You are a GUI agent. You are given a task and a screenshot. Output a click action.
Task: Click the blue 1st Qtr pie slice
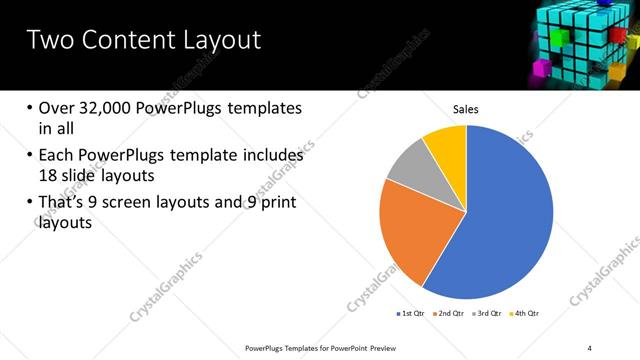tap(505, 220)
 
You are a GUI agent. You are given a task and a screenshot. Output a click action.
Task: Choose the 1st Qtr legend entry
tap(412, 313)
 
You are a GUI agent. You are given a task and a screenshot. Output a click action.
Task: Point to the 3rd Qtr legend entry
tap(490, 313)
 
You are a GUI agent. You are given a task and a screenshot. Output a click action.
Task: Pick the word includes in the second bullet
tap(274, 156)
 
